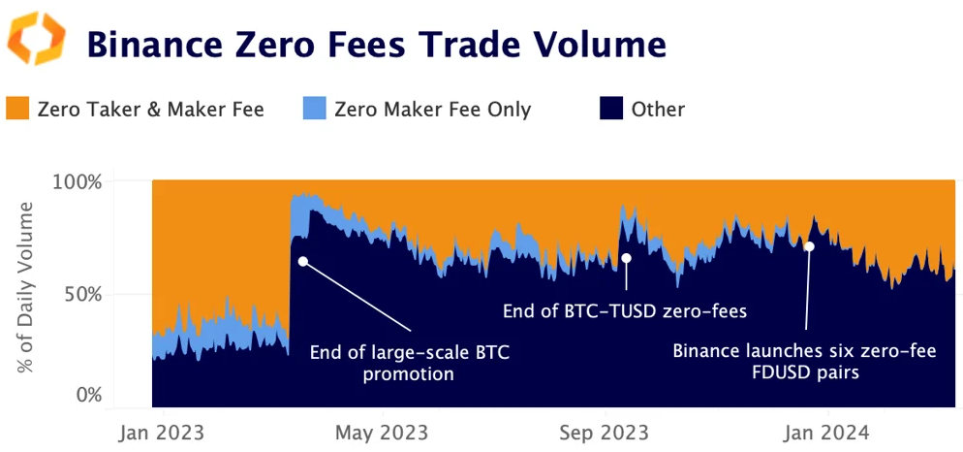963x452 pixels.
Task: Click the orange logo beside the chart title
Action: (x=37, y=39)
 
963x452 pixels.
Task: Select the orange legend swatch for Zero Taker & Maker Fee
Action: (x=18, y=109)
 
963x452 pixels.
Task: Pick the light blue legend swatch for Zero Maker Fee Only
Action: (x=315, y=109)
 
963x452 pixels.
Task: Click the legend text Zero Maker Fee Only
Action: (x=432, y=110)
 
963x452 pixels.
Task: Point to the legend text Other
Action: (x=658, y=110)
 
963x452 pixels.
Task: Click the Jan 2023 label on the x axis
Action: (x=156, y=431)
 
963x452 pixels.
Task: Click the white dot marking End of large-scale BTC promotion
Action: (x=303, y=261)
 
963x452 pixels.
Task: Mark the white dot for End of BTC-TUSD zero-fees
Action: (x=626, y=258)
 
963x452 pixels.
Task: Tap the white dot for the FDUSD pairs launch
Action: (x=809, y=246)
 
